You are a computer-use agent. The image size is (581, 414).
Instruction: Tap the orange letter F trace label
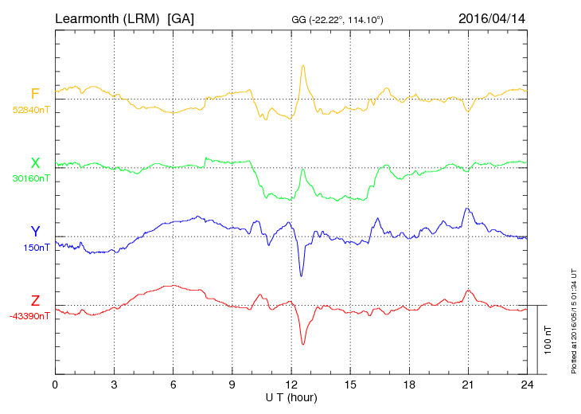(35, 94)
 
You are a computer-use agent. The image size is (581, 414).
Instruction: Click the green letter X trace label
(35, 163)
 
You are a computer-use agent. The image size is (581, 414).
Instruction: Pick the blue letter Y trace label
(35, 232)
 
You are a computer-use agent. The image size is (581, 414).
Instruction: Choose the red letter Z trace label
(35, 301)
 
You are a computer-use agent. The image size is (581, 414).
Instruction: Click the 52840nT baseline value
(30, 110)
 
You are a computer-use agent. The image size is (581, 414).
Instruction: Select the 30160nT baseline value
(30, 178)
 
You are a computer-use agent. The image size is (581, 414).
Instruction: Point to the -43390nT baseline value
(30, 316)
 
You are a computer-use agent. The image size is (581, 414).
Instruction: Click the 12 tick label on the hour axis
(291, 385)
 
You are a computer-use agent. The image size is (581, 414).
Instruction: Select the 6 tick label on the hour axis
(173, 385)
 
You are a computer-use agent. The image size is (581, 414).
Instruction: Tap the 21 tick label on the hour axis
(468, 385)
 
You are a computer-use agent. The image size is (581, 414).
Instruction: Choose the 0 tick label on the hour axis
(55, 385)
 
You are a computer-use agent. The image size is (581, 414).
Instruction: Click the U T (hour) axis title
(291, 396)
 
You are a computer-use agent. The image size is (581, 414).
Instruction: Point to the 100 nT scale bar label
(548, 339)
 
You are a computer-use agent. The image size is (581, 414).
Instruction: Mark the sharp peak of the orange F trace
(303, 65)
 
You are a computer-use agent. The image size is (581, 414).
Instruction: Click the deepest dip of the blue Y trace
(301, 275)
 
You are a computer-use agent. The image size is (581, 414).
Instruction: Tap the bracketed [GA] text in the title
(181, 18)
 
